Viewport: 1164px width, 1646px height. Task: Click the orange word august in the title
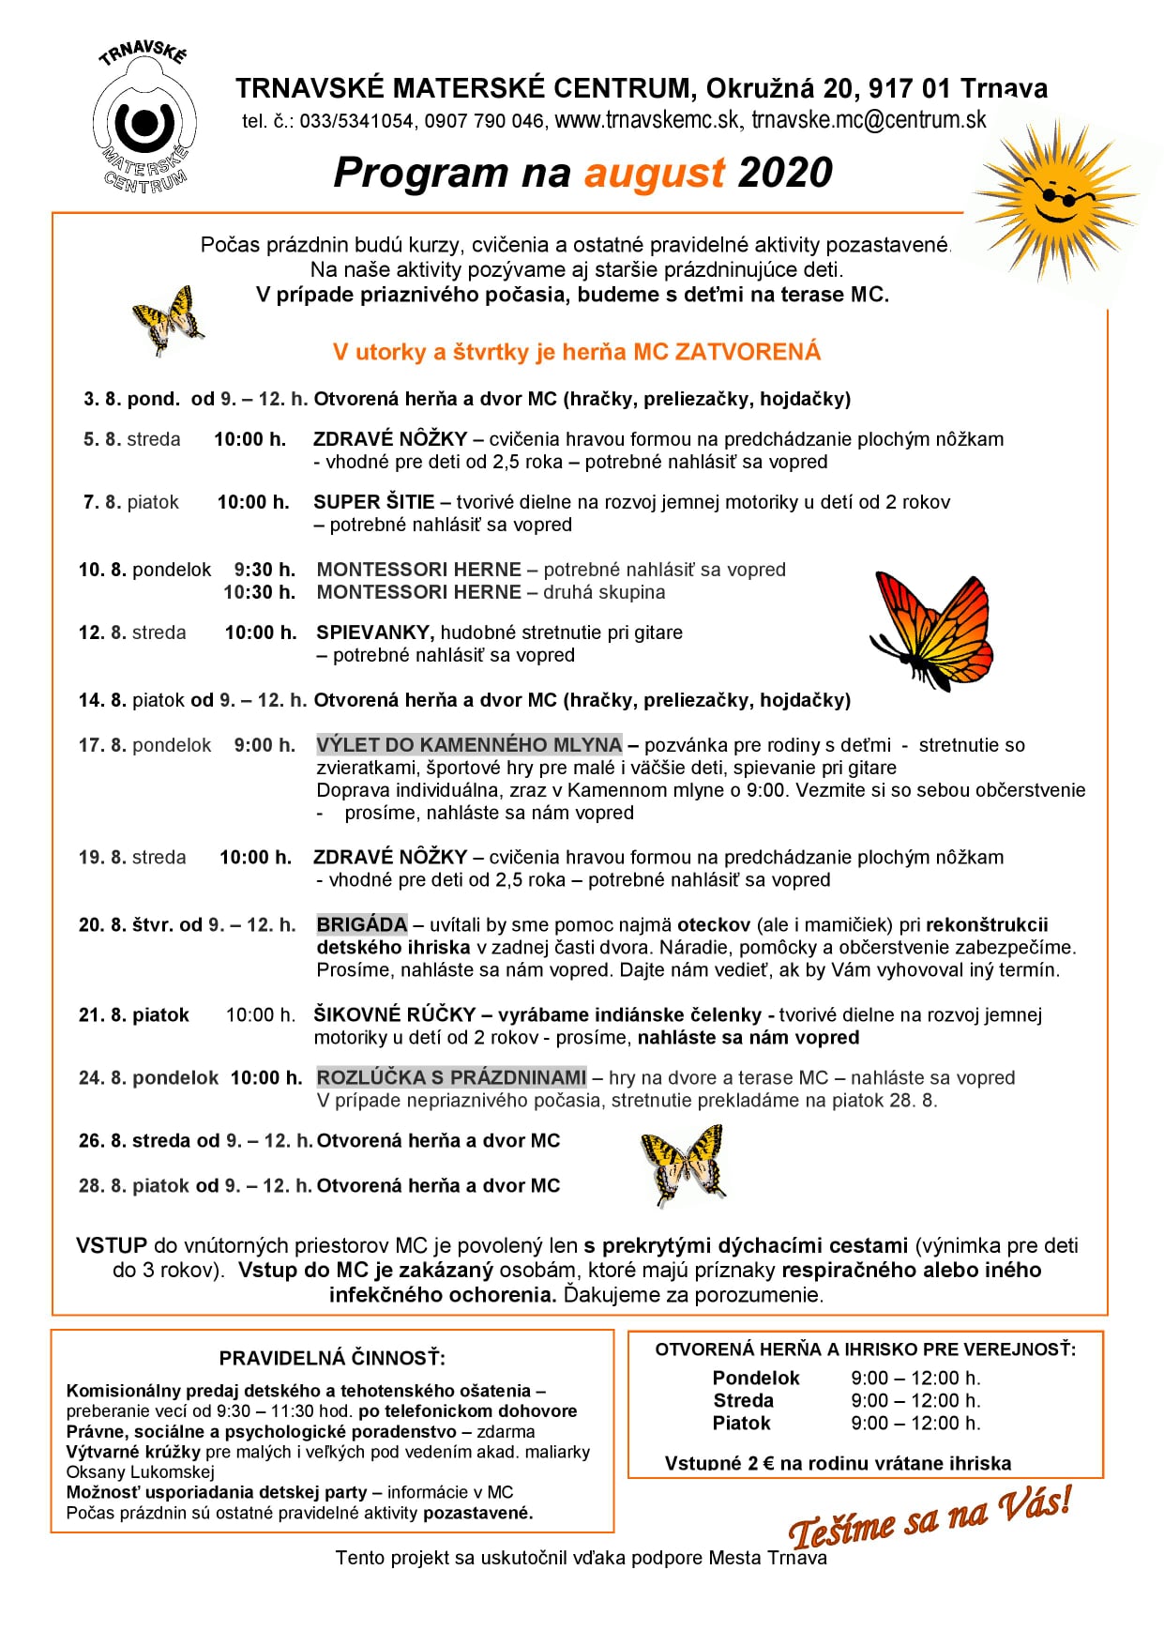point(654,173)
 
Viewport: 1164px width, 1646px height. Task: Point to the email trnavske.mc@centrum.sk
point(869,120)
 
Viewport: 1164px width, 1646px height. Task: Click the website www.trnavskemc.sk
point(646,120)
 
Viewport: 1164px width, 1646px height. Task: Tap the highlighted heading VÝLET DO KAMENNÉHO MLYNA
point(469,745)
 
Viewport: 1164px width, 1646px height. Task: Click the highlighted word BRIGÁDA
point(362,925)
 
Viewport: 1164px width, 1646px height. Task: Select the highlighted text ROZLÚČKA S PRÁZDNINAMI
point(451,1077)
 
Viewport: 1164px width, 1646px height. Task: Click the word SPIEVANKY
point(375,632)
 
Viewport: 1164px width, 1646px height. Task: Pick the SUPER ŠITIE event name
point(373,502)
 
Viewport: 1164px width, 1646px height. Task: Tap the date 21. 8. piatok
point(134,1014)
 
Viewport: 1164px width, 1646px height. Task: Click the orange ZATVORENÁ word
point(748,352)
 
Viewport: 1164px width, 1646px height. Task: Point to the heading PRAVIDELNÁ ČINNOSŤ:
point(332,1358)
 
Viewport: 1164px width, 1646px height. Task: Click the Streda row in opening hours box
point(844,1400)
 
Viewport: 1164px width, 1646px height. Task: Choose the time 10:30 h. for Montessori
point(260,592)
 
